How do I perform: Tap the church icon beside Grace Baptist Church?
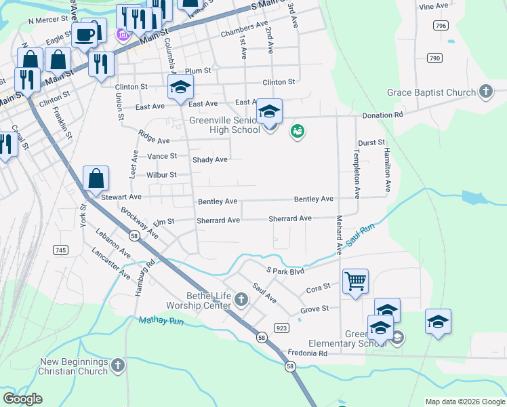click(485, 92)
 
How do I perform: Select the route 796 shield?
click(441, 25)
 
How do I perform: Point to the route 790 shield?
click(434, 58)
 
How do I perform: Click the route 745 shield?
click(60, 250)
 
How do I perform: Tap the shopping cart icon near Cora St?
click(356, 280)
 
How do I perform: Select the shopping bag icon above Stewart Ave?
click(96, 178)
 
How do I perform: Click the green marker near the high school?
click(297, 130)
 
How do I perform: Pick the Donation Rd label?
click(382, 115)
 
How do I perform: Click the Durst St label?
click(371, 143)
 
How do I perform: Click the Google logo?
click(22, 399)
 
